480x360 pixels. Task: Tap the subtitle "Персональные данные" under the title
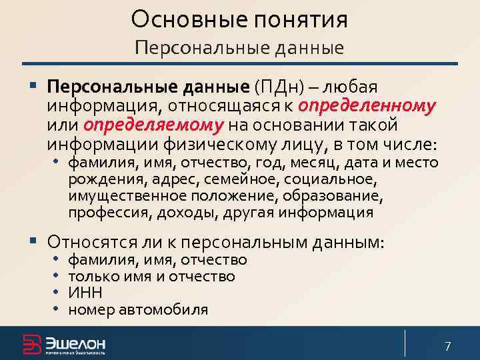click(x=239, y=47)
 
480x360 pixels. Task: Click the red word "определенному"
click(x=367, y=106)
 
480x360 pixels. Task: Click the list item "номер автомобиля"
click(x=139, y=309)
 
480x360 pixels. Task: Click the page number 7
click(x=448, y=346)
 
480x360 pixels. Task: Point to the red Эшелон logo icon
click(x=31, y=343)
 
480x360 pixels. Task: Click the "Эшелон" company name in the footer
click(x=75, y=342)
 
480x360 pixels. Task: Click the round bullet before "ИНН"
click(x=57, y=292)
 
